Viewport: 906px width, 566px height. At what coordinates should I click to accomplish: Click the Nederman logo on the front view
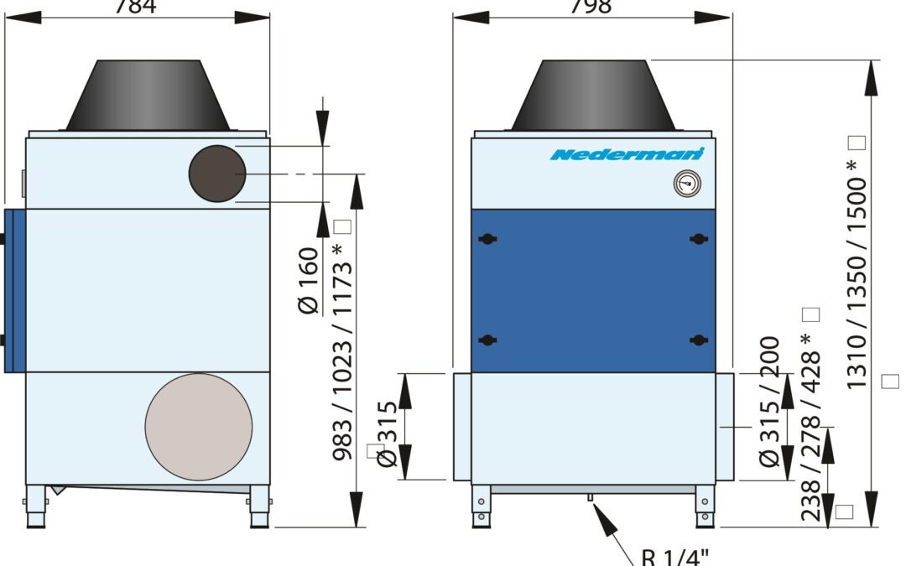coord(627,154)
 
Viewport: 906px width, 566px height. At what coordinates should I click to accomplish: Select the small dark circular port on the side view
coord(216,173)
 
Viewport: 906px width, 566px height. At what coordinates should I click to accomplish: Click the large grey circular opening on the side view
coord(199,427)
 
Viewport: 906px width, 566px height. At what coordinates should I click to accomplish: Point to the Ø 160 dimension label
coord(309,281)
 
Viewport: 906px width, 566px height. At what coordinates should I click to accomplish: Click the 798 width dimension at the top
coord(591,7)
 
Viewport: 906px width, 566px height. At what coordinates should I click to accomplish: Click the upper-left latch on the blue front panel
coord(486,239)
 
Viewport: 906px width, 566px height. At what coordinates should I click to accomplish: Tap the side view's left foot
coord(36,508)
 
